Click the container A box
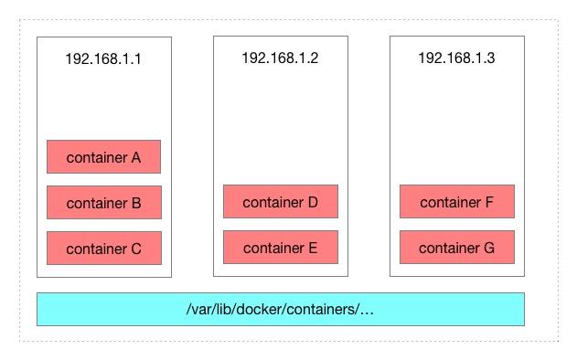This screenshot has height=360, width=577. pos(103,156)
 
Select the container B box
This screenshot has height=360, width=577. pos(103,202)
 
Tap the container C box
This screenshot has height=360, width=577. pos(103,248)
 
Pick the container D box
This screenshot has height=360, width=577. pos(280,201)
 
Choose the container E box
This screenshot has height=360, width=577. pos(280,247)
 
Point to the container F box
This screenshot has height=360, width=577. pos(456,201)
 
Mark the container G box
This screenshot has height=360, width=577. pos(456,247)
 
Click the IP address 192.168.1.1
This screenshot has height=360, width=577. pos(103,58)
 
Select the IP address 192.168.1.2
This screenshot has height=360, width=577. pos(280,58)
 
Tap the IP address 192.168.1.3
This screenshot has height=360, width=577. pos(456,58)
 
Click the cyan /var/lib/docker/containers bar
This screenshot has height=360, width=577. pos(280,309)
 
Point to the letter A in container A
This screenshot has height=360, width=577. pos(135,157)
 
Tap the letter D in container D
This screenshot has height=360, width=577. pos(312,202)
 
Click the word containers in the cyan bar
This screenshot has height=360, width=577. pos(321,309)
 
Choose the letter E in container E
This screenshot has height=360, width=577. pos(312,248)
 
